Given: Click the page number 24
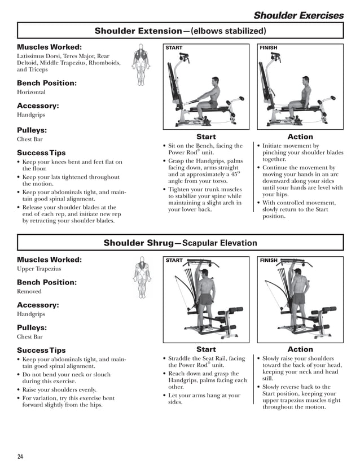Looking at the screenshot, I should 20,456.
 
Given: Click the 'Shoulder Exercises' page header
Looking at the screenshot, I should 298,15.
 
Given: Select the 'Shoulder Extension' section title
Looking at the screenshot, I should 180,30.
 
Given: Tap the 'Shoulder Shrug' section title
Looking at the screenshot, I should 180,243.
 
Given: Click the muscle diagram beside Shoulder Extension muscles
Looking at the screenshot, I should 141,65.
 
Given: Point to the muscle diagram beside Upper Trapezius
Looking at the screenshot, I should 142,277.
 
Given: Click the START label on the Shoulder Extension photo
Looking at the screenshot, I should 174,48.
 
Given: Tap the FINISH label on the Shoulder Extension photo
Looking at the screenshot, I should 269,48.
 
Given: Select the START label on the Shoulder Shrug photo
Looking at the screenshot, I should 174,261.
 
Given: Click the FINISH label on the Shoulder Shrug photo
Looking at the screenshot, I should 269,261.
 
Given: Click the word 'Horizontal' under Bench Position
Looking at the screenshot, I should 31,92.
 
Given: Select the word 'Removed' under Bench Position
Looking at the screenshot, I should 29,291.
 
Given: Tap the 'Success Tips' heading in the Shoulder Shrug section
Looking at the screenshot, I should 41,350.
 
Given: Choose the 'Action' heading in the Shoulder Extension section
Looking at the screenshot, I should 300,137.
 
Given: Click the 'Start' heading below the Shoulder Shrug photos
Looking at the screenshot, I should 205,349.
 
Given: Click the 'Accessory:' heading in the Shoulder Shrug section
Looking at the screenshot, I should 38,305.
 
